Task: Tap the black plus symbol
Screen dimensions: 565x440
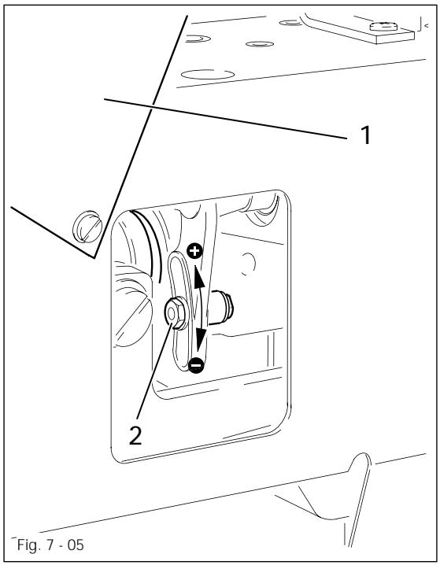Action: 195,252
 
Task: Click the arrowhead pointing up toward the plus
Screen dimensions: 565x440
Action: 198,277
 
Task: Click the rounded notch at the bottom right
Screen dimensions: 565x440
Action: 362,464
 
